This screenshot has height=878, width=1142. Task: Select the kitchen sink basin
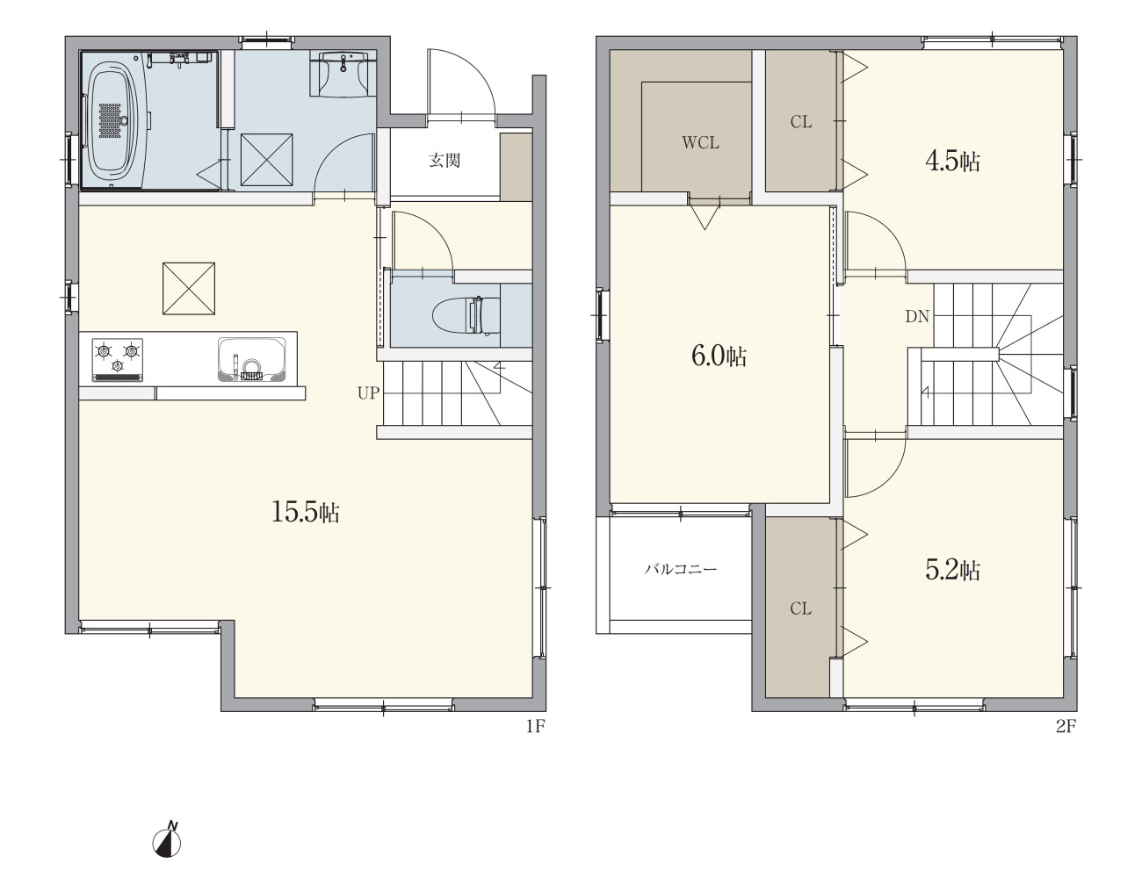tap(252, 359)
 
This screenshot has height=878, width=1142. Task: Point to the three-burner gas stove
tap(118, 360)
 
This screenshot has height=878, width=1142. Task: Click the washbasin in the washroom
tap(343, 74)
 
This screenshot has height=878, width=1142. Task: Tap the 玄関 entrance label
tap(445, 160)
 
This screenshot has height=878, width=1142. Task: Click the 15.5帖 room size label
tap(306, 512)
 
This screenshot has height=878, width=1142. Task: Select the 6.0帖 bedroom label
tap(719, 356)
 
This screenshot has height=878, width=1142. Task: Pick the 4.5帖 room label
tap(952, 161)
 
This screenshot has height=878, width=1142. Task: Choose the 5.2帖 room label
tap(952, 570)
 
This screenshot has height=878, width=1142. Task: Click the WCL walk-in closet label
tap(700, 143)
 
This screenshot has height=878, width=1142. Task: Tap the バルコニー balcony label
tap(681, 569)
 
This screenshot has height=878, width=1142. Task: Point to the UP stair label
tap(368, 392)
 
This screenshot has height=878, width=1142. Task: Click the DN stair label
tap(917, 316)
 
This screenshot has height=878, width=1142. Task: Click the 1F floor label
tap(536, 726)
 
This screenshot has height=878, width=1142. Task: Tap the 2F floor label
tap(1066, 726)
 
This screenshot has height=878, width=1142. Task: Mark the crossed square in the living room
tap(189, 289)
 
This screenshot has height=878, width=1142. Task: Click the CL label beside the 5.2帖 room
tap(800, 608)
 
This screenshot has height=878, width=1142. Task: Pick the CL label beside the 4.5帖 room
tap(801, 122)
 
